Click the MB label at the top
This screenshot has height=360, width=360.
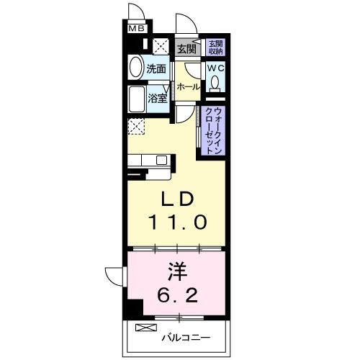coord(136,30)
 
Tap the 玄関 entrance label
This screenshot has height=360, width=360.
coord(186,49)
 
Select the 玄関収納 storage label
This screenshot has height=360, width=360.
coord(215,48)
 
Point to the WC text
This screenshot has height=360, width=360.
coord(215,68)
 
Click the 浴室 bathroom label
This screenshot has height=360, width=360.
coord(158,98)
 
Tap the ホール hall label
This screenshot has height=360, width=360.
coord(188,86)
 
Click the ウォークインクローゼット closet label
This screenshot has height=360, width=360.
coord(214,128)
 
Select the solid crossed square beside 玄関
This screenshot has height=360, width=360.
coord(162,48)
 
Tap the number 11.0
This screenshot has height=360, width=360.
coord(178,221)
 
